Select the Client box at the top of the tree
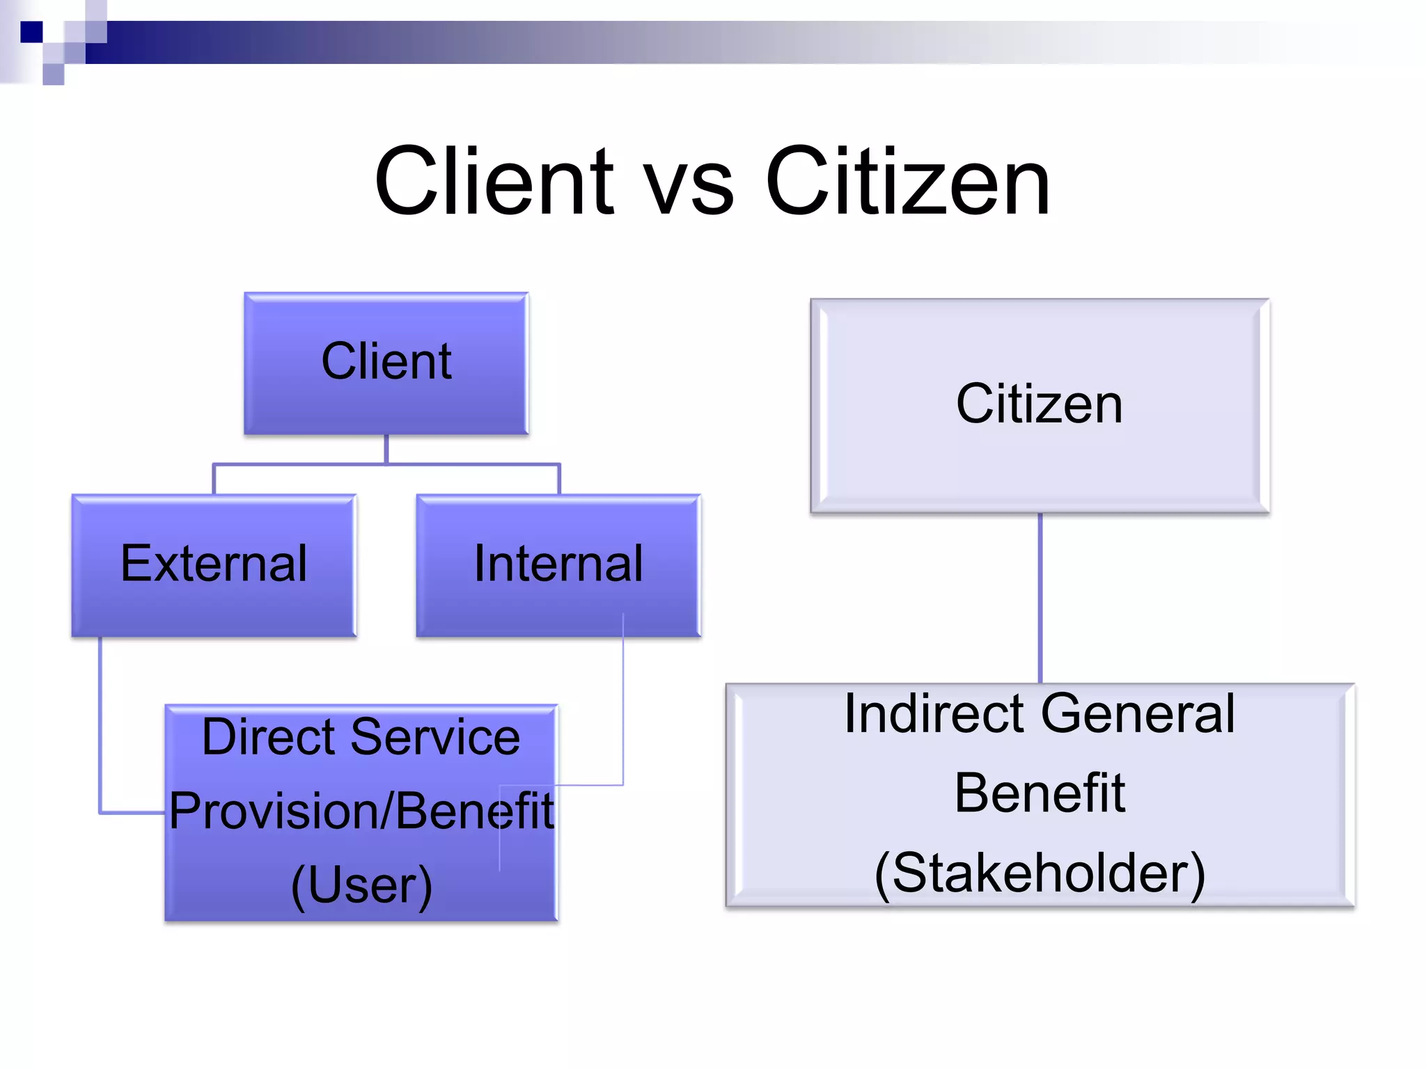click(386, 363)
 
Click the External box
click(214, 565)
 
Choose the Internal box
click(558, 565)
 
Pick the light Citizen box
click(1040, 406)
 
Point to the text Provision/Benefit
click(361, 811)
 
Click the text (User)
click(361, 885)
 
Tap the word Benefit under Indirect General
click(1040, 793)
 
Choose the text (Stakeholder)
click(1040, 873)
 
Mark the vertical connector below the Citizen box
click(1040, 599)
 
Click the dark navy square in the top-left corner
click(31, 32)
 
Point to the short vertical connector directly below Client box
click(386, 449)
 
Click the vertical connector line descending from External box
click(100, 724)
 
